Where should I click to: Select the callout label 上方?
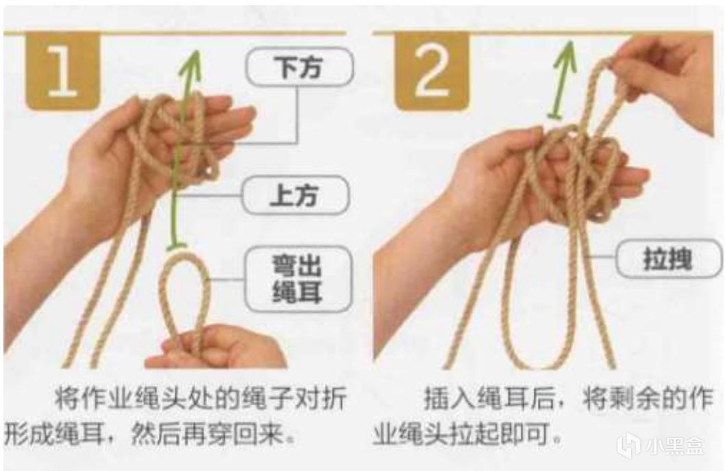[x=295, y=194]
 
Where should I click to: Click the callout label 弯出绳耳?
[x=298, y=279]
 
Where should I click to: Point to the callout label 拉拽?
[x=669, y=258]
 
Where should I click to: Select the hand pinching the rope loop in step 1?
[x=217, y=346]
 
